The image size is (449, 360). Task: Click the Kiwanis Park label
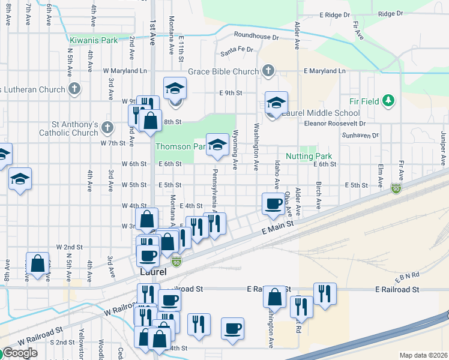point(93,40)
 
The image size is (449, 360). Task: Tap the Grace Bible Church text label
point(223,71)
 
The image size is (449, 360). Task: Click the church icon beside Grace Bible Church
point(268,71)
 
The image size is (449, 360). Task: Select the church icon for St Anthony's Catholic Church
point(107,127)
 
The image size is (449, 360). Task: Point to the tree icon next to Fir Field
point(389,100)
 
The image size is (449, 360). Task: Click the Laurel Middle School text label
point(321,113)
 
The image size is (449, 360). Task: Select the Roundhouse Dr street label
point(257,37)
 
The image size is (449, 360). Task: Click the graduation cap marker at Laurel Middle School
point(277,103)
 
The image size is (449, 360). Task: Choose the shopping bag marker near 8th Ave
point(38,263)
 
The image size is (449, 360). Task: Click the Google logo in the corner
point(20,353)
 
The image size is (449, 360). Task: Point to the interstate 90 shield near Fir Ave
point(396,188)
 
